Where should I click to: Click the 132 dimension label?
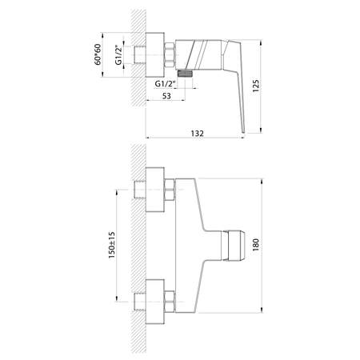coord(197,134)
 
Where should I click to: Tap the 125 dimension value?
coord(256,86)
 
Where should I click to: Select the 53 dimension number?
coord(166,96)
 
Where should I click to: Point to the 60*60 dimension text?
coord(98,54)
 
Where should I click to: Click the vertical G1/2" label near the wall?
coord(118,55)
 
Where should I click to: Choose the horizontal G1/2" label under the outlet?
coord(165,84)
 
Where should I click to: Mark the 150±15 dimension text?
coord(112,245)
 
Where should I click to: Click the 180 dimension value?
coord(256,245)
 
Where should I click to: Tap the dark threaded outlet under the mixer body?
coord(185,74)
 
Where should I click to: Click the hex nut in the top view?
coord(170,55)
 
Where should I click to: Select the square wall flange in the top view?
coord(155,55)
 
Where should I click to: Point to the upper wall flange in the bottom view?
coord(155,190)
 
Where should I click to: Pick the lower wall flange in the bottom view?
coord(155,302)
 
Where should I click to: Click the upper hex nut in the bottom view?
coord(170,190)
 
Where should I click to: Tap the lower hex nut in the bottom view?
coord(170,302)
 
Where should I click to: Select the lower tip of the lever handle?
coord(243,132)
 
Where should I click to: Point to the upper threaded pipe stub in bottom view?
coord(139,190)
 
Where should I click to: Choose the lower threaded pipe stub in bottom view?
coord(139,302)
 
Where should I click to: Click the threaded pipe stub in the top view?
coord(139,55)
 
